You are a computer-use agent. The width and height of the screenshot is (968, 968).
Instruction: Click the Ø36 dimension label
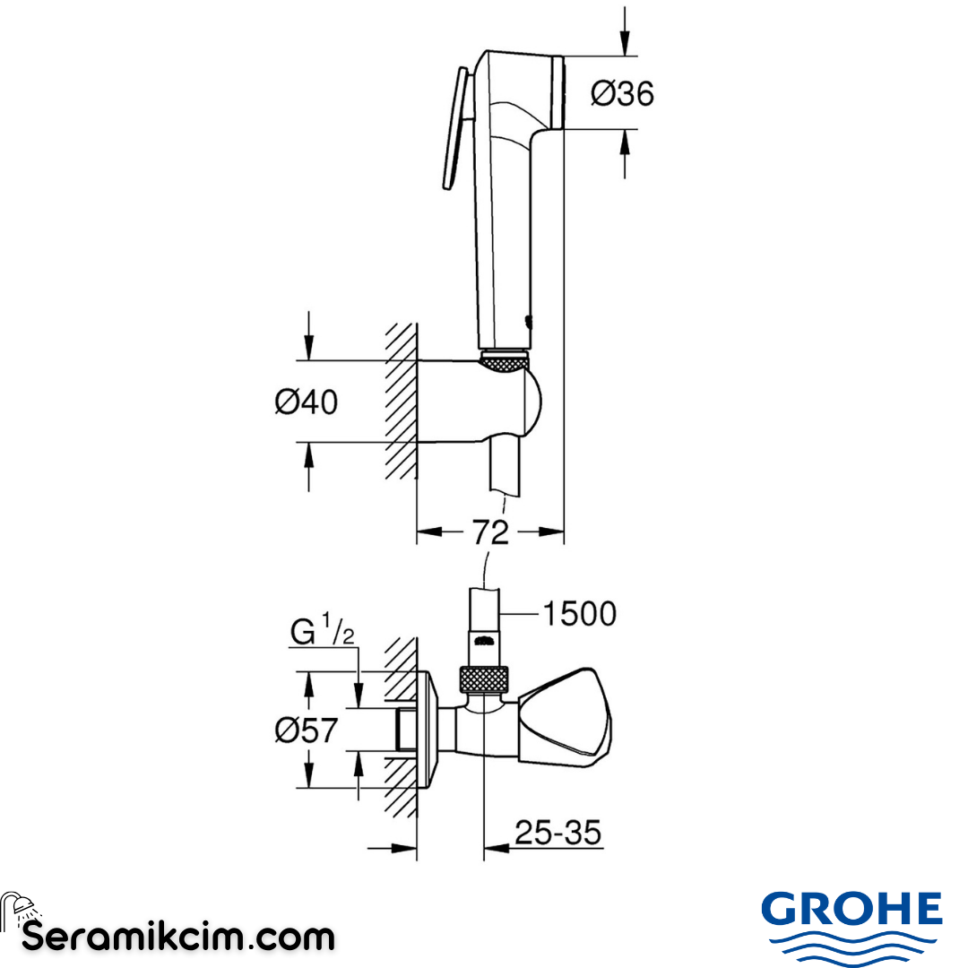click(622, 93)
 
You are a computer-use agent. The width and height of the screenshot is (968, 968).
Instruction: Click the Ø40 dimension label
click(306, 402)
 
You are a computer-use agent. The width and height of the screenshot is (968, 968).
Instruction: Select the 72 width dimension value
click(490, 532)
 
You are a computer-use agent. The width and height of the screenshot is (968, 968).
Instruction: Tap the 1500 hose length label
click(579, 614)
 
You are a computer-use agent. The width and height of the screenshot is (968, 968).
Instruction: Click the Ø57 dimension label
click(306, 730)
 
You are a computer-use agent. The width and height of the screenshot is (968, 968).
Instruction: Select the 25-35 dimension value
click(557, 834)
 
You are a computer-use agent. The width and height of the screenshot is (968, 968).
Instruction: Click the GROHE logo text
click(851, 911)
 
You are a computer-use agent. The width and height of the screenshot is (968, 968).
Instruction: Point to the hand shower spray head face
click(560, 92)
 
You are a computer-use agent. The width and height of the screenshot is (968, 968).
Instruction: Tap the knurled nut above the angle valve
click(484, 678)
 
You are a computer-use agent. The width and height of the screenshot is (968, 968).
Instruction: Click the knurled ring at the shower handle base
click(506, 360)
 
